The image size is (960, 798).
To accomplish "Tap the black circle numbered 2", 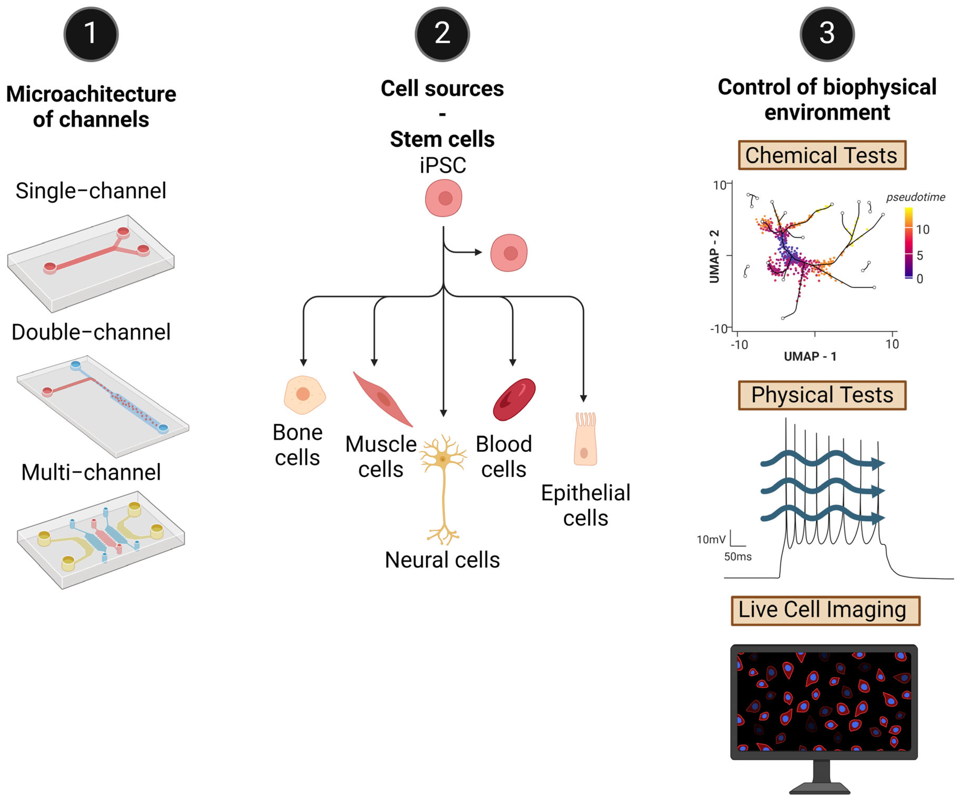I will pos(442,34).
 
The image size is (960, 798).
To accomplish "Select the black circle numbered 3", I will pos(827,34).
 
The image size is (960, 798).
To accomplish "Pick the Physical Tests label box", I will pos(822,395).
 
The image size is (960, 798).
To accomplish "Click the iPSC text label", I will pos(443,165).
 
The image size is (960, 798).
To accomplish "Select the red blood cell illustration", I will pos(514,399).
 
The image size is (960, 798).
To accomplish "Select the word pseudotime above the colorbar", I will pos(915,197).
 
